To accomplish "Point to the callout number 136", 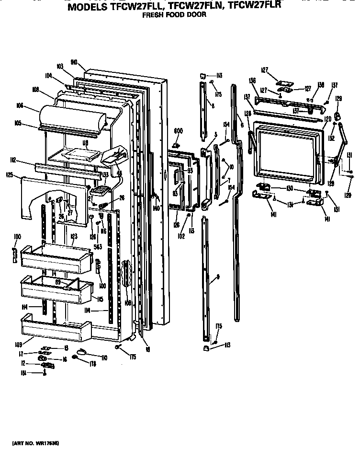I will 253,81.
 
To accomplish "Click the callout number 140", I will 156,209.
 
